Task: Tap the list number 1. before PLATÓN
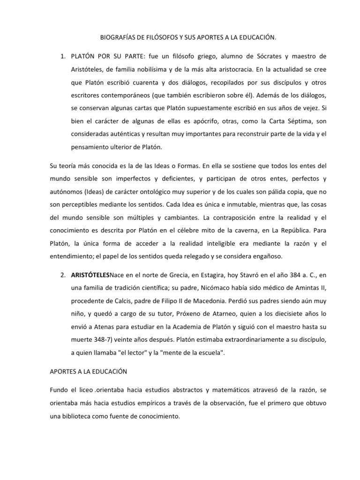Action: click(63, 57)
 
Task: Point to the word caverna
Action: click(218, 231)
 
